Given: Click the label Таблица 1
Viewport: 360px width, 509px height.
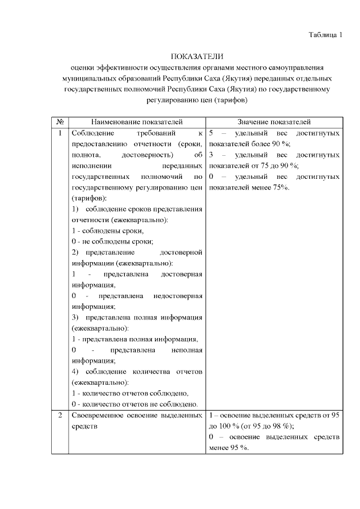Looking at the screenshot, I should pos(325,35).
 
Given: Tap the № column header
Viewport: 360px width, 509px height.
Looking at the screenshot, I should pos(60,122).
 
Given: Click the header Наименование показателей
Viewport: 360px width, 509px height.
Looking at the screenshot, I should pos(137,122).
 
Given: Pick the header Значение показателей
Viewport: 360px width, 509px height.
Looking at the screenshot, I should pos(274,122).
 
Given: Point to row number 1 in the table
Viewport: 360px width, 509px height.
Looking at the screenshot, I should pos(60,133).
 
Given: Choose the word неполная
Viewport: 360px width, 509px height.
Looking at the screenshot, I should pos(187,350).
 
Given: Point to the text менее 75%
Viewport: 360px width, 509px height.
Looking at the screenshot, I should pos(269,187).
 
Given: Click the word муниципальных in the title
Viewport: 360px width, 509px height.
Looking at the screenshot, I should pos(91,78).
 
